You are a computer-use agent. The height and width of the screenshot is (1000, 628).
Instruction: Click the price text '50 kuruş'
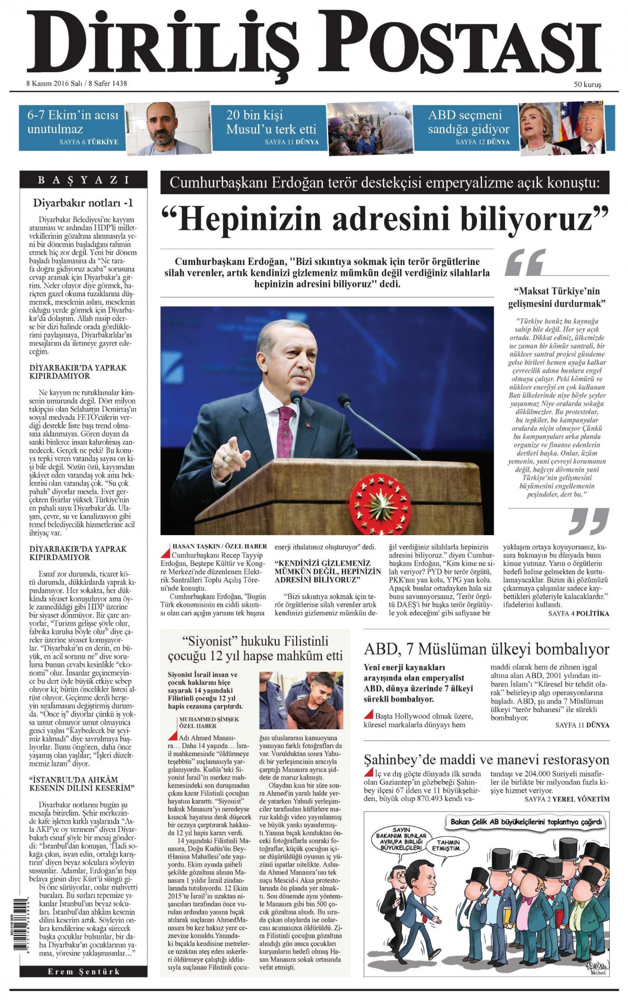pyautogui.click(x=588, y=84)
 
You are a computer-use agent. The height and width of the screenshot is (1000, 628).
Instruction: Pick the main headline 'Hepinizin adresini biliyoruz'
pyautogui.click(x=385, y=219)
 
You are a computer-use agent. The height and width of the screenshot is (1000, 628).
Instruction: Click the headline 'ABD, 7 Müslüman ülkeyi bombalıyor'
pyautogui.click(x=486, y=650)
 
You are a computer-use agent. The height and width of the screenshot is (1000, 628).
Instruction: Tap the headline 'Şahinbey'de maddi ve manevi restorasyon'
pyautogui.click(x=486, y=760)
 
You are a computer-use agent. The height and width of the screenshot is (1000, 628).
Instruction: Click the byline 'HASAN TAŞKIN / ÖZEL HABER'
pyautogui.click(x=220, y=546)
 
